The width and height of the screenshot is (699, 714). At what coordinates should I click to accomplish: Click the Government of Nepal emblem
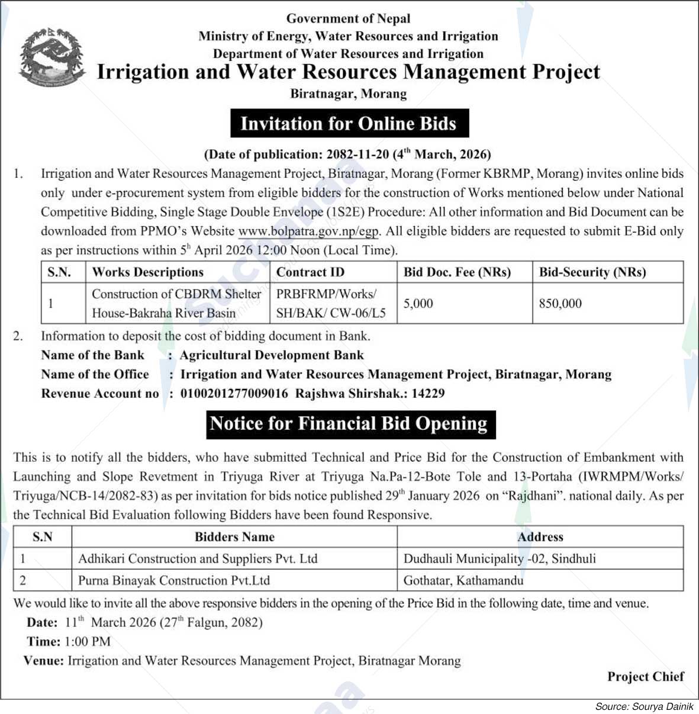point(51,57)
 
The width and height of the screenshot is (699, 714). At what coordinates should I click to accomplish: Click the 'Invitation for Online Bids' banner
point(349,124)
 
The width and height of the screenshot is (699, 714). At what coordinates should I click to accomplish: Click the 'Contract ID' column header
point(310,272)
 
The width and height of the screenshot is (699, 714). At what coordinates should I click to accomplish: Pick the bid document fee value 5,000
point(418,304)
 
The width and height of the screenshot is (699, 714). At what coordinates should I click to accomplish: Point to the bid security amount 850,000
point(560,304)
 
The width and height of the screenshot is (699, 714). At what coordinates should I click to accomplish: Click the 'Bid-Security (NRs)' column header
point(592,272)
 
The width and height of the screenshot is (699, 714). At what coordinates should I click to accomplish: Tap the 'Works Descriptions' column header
point(147,272)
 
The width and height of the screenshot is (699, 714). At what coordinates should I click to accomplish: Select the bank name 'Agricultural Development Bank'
point(272,355)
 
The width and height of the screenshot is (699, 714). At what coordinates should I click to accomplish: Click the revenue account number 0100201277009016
point(234,394)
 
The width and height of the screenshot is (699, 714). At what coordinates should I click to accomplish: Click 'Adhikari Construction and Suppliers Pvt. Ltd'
point(198,559)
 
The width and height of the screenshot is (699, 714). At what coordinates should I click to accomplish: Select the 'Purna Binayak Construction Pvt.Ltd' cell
point(174,581)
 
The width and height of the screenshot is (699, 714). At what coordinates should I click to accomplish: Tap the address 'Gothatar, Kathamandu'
point(463,581)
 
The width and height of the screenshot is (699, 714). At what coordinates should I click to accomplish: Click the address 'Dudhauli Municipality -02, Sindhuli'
point(500,559)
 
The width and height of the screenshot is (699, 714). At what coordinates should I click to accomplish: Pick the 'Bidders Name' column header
point(234,537)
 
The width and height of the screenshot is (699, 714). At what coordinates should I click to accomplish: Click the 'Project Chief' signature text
point(645,677)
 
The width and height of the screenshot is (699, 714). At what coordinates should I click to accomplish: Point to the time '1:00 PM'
point(88,642)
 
